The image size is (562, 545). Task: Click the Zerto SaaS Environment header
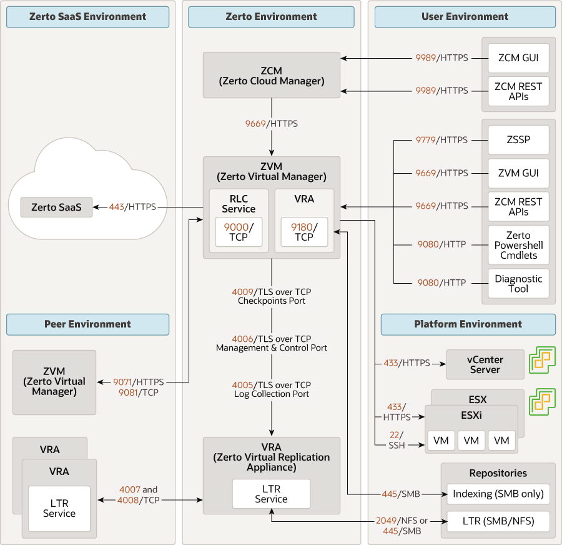click(x=87, y=17)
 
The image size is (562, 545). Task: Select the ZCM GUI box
click(x=518, y=58)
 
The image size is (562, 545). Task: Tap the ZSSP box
click(x=518, y=140)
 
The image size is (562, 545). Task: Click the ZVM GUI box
click(x=518, y=173)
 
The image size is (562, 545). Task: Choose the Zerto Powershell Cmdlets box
click(x=518, y=245)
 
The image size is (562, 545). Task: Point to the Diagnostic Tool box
click(x=518, y=284)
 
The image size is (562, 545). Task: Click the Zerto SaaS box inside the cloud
click(x=56, y=207)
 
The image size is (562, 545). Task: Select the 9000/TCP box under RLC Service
click(x=239, y=232)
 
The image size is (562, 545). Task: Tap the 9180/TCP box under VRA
click(x=304, y=232)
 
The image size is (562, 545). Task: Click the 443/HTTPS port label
click(x=132, y=206)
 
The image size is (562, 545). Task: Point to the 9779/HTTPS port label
click(x=441, y=140)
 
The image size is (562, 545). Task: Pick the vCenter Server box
click(x=485, y=364)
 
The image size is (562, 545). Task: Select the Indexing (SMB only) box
click(x=498, y=494)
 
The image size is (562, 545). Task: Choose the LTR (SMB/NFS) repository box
click(x=498, y=521)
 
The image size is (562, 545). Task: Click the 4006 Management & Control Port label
click(x=272, y=342)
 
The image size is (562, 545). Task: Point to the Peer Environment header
click(x=87, y=324)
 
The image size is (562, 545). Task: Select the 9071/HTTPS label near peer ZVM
click(x=138, y=381)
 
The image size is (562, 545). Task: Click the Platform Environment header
click(x=468, y=324)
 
